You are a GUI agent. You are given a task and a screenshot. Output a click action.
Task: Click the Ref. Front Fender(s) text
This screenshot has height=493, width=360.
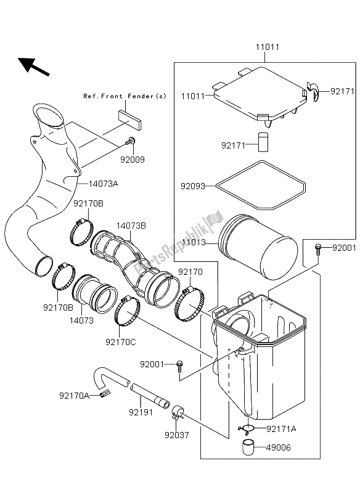[x=125, y=96]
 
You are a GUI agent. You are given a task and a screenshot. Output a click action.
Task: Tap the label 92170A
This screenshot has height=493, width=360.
[x=75, y=395]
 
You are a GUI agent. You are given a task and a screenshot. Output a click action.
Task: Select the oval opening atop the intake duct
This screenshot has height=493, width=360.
[x=48, y=115]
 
